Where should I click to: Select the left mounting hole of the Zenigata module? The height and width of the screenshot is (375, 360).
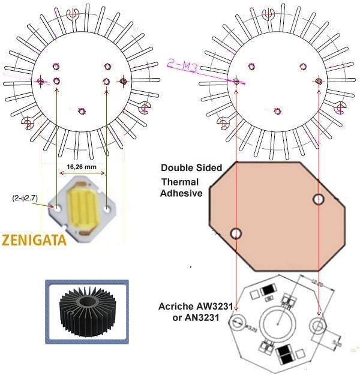click(x=58, y=209)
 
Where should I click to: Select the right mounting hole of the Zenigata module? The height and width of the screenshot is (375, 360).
click(x=107, y=209)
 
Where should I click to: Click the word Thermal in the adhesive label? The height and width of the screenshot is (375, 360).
click(x=183, y=182)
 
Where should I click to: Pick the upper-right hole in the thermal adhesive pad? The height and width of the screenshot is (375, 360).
click(x=318, y=199)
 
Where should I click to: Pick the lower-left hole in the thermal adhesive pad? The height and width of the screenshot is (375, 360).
click(x=236, y=232)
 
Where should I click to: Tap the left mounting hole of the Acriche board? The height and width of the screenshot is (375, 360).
click(x=236, y=323)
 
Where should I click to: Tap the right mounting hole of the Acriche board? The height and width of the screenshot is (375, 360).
click(x=317, y=326)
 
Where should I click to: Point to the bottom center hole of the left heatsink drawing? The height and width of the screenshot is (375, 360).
click(x=83, y=110)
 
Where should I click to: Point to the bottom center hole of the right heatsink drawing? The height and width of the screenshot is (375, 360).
click(x=277, y=110)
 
